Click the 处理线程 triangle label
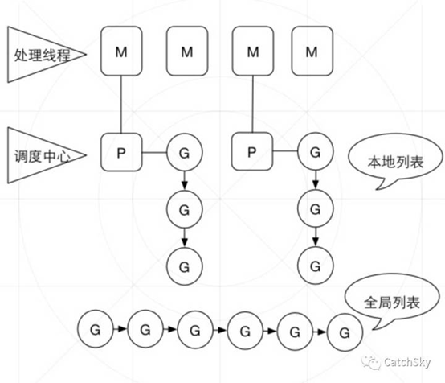coord(43,55)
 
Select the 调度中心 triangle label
coord(43,155)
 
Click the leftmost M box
coord(121,51)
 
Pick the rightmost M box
coord(312,51)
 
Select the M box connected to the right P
coord(252,51)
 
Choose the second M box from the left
coord(187,51)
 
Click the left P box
coord(121,152)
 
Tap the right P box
coord(252,151)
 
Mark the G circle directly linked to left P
coord(185,152)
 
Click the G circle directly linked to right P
coord(316,151)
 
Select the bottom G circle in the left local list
coord(185,266)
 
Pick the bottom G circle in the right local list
coord(316,266)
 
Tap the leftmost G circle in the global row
coord(96,329)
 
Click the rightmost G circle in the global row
coord(345,332)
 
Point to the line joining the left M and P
coord(121,105)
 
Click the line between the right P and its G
coord(285,151)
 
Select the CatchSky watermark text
coord(407,362)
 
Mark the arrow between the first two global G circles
coord(120,329)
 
